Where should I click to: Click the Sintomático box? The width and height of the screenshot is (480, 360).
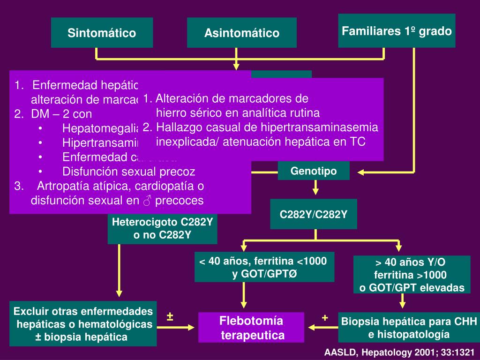pos(102,33)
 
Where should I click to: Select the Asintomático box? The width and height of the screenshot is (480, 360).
pos(241,33)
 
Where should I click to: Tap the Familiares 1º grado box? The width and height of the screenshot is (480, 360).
pos(397,31)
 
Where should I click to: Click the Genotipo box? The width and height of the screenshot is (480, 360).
pos(314,171)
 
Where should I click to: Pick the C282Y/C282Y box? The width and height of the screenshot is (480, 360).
pos(314,214)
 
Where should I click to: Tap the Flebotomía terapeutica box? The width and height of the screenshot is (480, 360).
pos(252,328)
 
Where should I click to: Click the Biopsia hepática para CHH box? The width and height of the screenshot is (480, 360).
pos(409,328)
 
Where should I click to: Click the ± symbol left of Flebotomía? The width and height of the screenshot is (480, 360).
pos(170,317)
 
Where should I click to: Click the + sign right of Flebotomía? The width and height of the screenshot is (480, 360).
pos(324,317)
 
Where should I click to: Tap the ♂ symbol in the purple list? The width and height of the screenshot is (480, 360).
pos(147,201)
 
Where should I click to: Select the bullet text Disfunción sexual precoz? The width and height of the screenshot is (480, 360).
pos(129,171)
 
